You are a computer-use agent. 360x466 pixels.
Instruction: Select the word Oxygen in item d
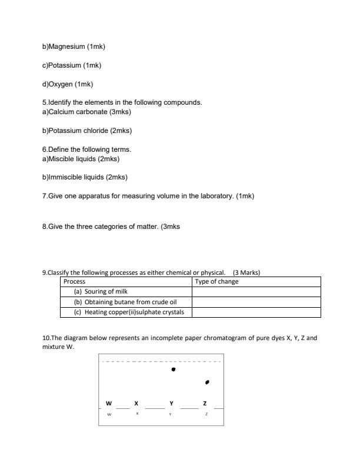pyautogui.click(x=61, y=84)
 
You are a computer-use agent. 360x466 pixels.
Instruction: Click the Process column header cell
pyautogui.click(x=127, y=282)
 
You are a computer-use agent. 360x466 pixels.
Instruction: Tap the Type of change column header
pyautogui.click(x=256, y=282)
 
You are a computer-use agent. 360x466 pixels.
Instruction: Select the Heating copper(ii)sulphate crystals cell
pyautogui.click(x=127, y=312)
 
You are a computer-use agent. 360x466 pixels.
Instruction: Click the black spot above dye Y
pyautogui.click(x=173, y=370)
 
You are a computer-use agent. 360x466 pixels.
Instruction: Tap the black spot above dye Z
pyautogui.click(x=206, y=382)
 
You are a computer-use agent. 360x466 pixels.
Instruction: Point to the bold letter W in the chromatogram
pyautogui.click(x=108, y=404)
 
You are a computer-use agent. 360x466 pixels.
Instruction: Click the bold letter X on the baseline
pyautogui.click(x=136, y=404)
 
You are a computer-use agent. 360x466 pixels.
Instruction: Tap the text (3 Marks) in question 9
pyautogui.click(x=246, y=273)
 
